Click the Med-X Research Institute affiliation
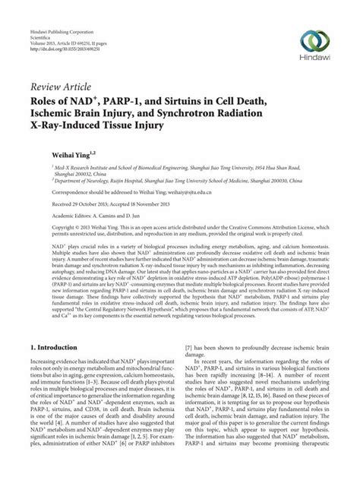tap(91, 169)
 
